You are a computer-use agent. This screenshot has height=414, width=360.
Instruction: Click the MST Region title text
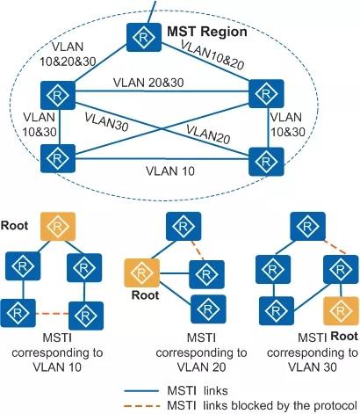click(207, 32)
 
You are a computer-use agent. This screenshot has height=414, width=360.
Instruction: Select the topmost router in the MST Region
click(144, 37)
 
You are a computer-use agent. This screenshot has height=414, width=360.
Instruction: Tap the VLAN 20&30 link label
click(148, 83)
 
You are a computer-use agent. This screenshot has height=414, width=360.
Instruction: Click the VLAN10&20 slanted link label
click(212, 54)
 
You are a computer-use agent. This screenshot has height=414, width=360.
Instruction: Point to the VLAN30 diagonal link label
click(107, 121)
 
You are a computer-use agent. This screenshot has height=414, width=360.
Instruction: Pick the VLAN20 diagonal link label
click(208, 134)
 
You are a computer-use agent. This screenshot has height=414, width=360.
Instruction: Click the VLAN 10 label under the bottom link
click(170, 171)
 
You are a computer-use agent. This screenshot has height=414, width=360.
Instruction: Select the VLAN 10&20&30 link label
click(68, 54)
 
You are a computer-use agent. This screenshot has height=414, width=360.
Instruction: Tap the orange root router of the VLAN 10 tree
click(58, 227)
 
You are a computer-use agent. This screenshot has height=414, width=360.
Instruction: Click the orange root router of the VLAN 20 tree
click(142, 272)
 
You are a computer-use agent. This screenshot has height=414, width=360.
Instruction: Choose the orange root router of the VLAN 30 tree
click(341, 311)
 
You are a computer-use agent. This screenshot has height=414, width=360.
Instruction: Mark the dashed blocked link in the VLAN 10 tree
click(52, 314)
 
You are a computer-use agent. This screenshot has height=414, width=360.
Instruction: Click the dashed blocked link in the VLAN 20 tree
click(198, 251)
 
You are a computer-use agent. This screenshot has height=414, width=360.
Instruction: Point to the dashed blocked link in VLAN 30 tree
click(335, 248)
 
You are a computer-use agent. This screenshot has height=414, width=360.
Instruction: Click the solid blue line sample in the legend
click(141, 391)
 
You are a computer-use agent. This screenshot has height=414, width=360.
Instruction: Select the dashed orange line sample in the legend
click(142, 406)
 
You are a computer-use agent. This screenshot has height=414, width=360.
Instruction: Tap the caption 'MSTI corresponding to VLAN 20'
click(201, 352)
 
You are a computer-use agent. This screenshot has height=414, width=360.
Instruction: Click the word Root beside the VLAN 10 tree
click(14, 226)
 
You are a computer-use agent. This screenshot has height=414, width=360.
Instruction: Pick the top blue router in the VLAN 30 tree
click(307, 227)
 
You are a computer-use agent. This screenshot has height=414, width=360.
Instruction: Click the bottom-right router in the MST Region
click(266, 162)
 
